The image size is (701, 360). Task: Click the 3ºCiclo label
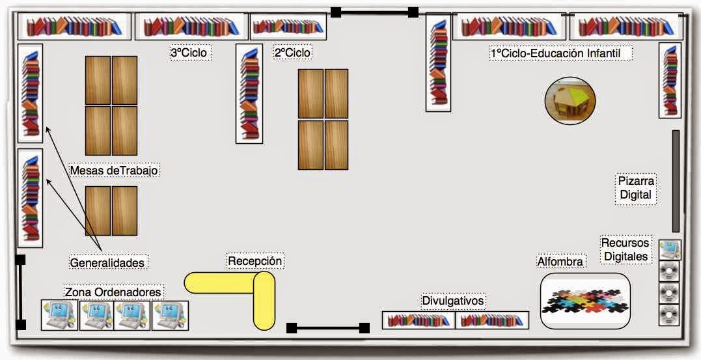[189, 53]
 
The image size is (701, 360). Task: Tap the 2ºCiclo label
[292, 53]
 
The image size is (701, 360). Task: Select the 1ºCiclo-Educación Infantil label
[561, 53]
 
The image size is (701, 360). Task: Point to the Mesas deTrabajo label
[115, 171]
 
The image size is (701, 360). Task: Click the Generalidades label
[108, 262]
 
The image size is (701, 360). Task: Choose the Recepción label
[255, 260]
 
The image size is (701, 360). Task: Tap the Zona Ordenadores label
[113, 292]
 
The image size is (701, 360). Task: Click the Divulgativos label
[453, 301]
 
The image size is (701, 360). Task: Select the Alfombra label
[560, 261]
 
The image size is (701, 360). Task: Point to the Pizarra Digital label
[636, 188]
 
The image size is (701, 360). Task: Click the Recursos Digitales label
[625, 249]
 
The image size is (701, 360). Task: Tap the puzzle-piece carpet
[585, 301]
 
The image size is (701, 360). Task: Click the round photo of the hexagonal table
[570, 101]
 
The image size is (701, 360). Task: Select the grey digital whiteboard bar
[676, 181]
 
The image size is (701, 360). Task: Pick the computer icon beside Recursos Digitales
[670, 249]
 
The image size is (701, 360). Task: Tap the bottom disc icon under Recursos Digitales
[669, 315]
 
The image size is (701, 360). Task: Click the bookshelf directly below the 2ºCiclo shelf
[249, 94]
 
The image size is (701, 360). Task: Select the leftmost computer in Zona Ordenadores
[59, 315]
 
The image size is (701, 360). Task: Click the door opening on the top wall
[375, 12]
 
